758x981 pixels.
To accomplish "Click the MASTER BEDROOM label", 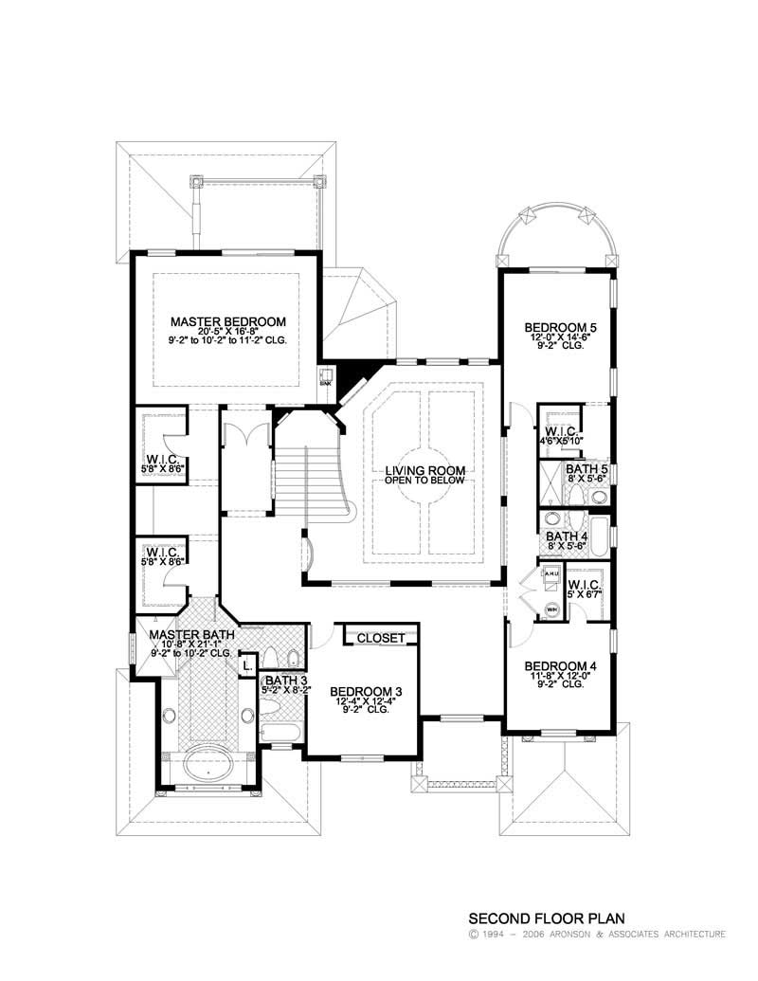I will pos(227,321).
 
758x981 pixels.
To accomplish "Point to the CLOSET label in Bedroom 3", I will pos(381,638).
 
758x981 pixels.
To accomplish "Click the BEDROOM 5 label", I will pos(560,328).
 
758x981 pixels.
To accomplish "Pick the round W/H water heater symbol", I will pos(549,608).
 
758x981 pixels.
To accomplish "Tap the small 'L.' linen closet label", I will pos(247,665).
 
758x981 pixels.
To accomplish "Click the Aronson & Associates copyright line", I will pos(597,935).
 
